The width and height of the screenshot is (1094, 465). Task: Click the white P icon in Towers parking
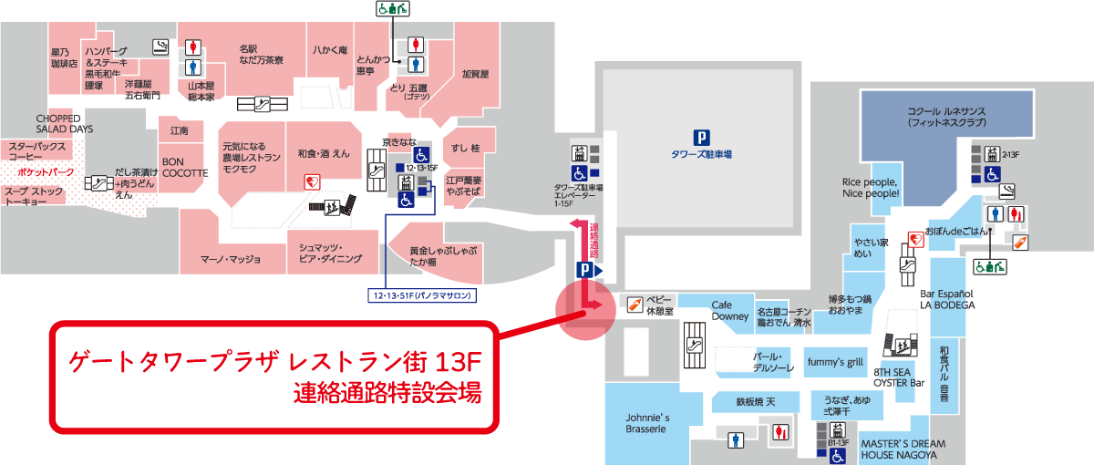pyautogui.click(x=701, y=138)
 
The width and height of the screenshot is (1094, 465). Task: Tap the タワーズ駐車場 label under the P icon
pyautogui.click(x=701, y=155)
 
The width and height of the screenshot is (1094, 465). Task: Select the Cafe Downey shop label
pyautogui.click(x=729, y=311)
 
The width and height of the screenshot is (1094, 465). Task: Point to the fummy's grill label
pyautogui.click(x=836, y=362)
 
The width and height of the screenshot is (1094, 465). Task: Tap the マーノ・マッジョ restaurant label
pyautogui.click(x=231, y=259)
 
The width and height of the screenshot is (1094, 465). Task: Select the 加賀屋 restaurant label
pyautogui.click(x=475, y=74)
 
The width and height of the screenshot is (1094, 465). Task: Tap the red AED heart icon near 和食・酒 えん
pyautogui.click(x=310, y=182)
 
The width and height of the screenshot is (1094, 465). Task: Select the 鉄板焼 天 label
pyautogui.click(x=757, y=400)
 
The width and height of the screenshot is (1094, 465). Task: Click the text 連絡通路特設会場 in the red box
pyautogui.click(x=387, y=393)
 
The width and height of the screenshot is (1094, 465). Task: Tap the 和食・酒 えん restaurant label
pyautogui.click(x=324, y=156)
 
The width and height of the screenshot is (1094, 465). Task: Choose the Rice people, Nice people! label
pyautogui.click(x=872, y=188)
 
